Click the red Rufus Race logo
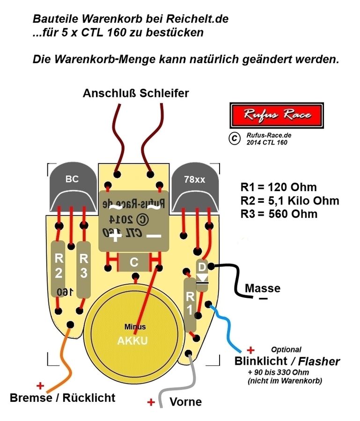276,115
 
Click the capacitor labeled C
134,263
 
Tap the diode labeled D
202,274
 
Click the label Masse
263,288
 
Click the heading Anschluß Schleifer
136,93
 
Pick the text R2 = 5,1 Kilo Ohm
289,201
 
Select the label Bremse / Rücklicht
63,398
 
